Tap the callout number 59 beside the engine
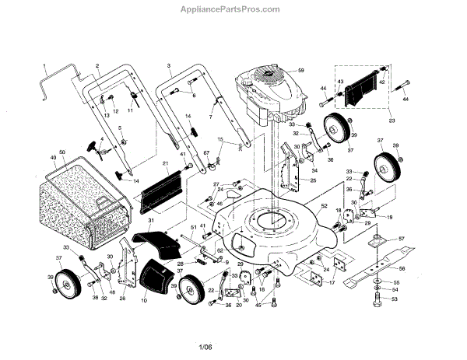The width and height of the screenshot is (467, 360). [300, 72]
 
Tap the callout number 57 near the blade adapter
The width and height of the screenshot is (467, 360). [401, 239]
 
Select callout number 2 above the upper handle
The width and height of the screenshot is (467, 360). [97, 65]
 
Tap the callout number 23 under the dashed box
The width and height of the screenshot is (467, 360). [392, 121]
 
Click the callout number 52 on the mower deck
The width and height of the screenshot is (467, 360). [323, 206]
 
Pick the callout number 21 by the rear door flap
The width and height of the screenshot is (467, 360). [165, 163]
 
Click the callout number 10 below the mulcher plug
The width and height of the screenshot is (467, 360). [144, 299]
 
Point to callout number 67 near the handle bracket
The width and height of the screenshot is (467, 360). [208, 153]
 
